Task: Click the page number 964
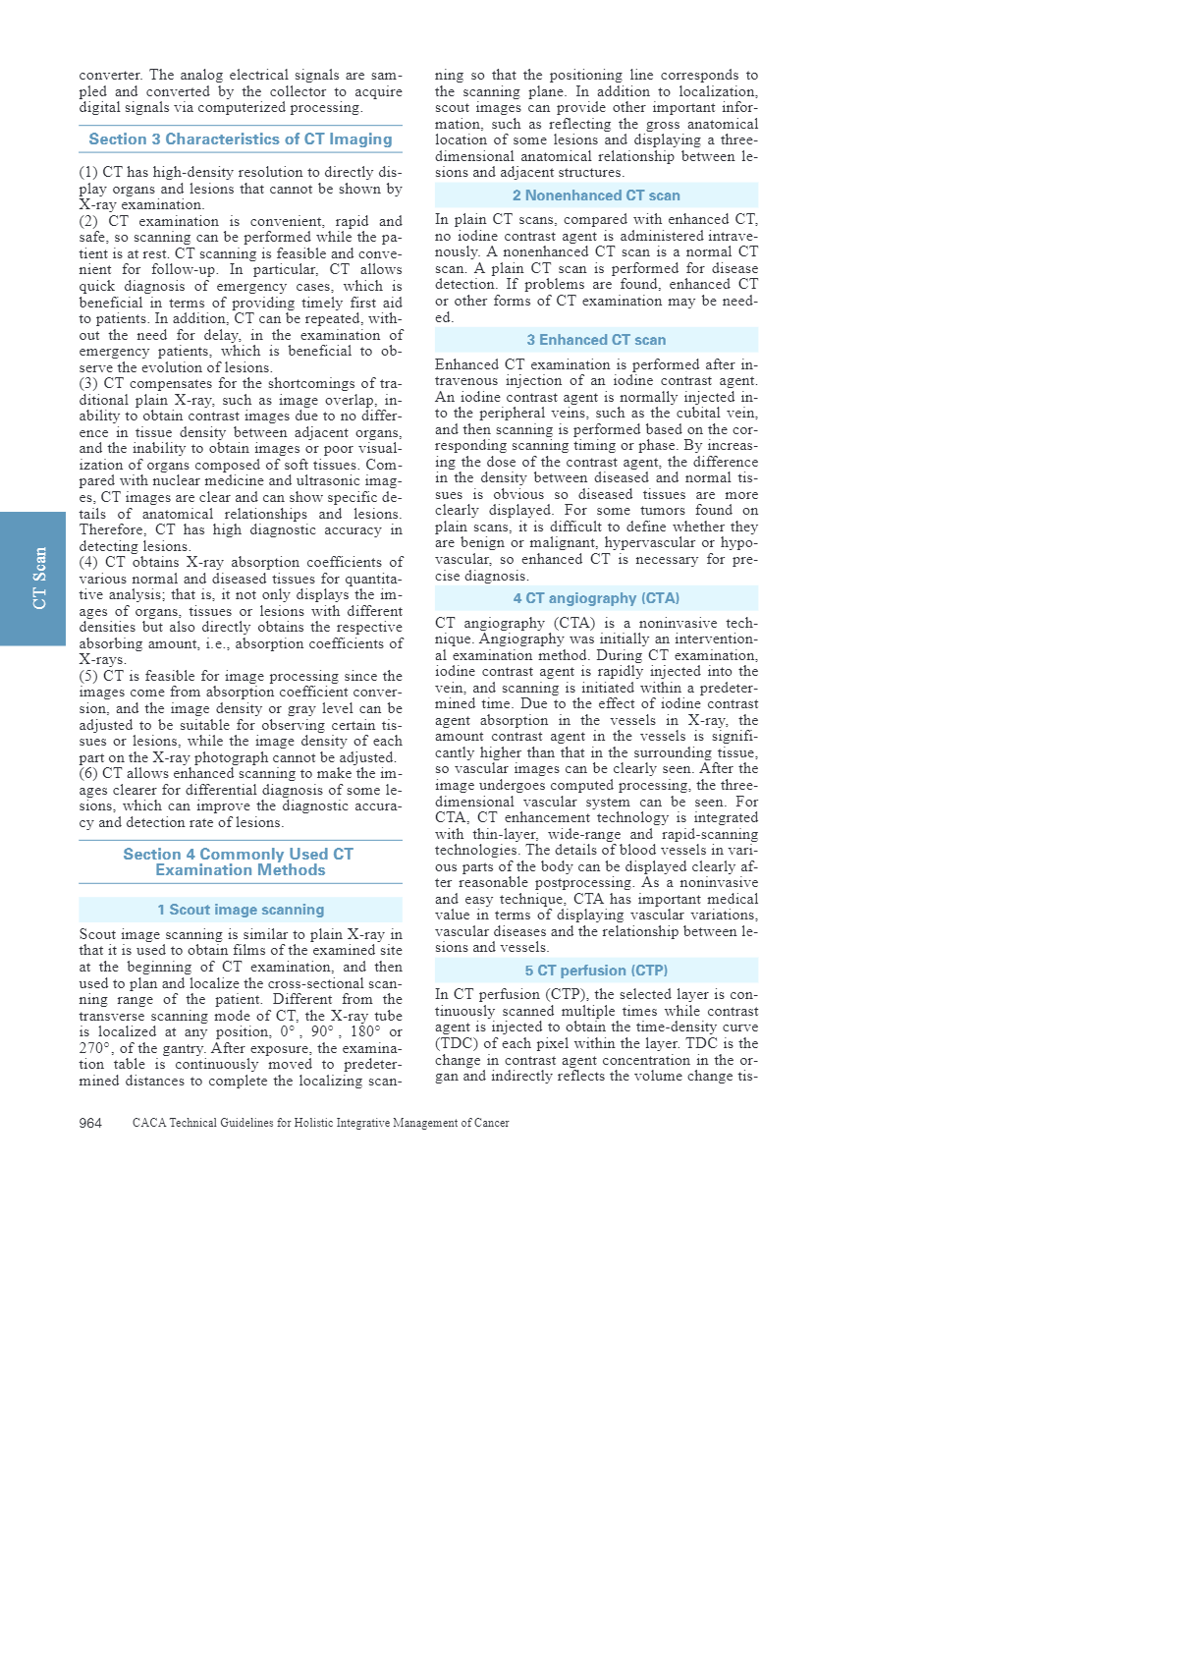(90, 1123)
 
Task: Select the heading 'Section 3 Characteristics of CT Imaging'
(241, 139)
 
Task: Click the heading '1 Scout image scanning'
(241, 910)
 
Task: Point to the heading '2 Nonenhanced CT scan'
(596, 195)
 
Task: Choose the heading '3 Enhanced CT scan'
(596, 340)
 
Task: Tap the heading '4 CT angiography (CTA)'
(596, 598)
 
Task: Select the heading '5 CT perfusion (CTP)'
(596, 971)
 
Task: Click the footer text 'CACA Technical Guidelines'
(320, 1123)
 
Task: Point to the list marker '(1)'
(88, 173)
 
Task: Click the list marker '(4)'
(89, 563)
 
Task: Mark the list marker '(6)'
(89, 774)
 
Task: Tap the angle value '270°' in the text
(94, 1048)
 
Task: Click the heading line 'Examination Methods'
(241, 870)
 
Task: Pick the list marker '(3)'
(89, 384)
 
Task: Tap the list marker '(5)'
(89, 677)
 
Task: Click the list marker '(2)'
(89, 222)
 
